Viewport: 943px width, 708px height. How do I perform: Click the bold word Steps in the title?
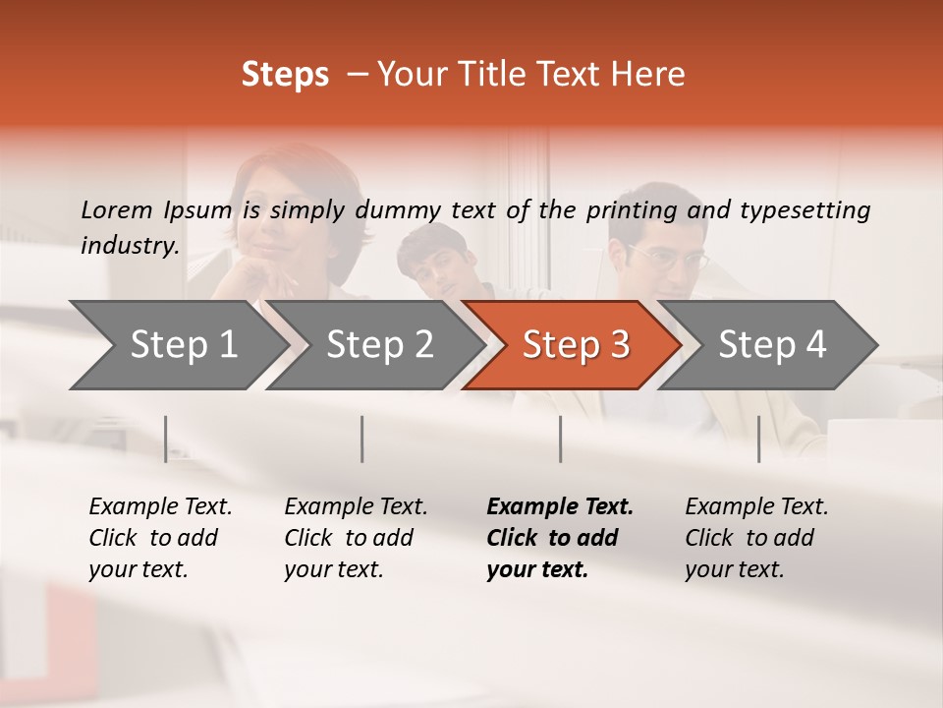tap(285, 75)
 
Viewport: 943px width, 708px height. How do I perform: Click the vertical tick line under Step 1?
tap(166, 439)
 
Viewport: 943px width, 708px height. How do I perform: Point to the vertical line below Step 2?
tap(362, 439)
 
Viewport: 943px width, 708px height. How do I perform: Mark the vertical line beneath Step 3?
tap(561, 439)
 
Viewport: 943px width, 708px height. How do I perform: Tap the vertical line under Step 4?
tap(759, 439)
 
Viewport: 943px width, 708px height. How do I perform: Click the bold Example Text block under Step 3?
tap(559, 538)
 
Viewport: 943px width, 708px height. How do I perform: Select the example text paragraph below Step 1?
tap(160, 538)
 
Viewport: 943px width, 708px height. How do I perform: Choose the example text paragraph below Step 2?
tap(356, 538)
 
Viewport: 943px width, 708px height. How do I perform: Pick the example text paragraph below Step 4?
tap(756, 538)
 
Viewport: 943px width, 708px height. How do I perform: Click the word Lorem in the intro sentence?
tap(116, 209)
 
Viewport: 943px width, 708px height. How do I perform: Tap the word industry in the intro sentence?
tap(129, 245)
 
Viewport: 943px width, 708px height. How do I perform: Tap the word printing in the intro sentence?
tap(631, 210)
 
